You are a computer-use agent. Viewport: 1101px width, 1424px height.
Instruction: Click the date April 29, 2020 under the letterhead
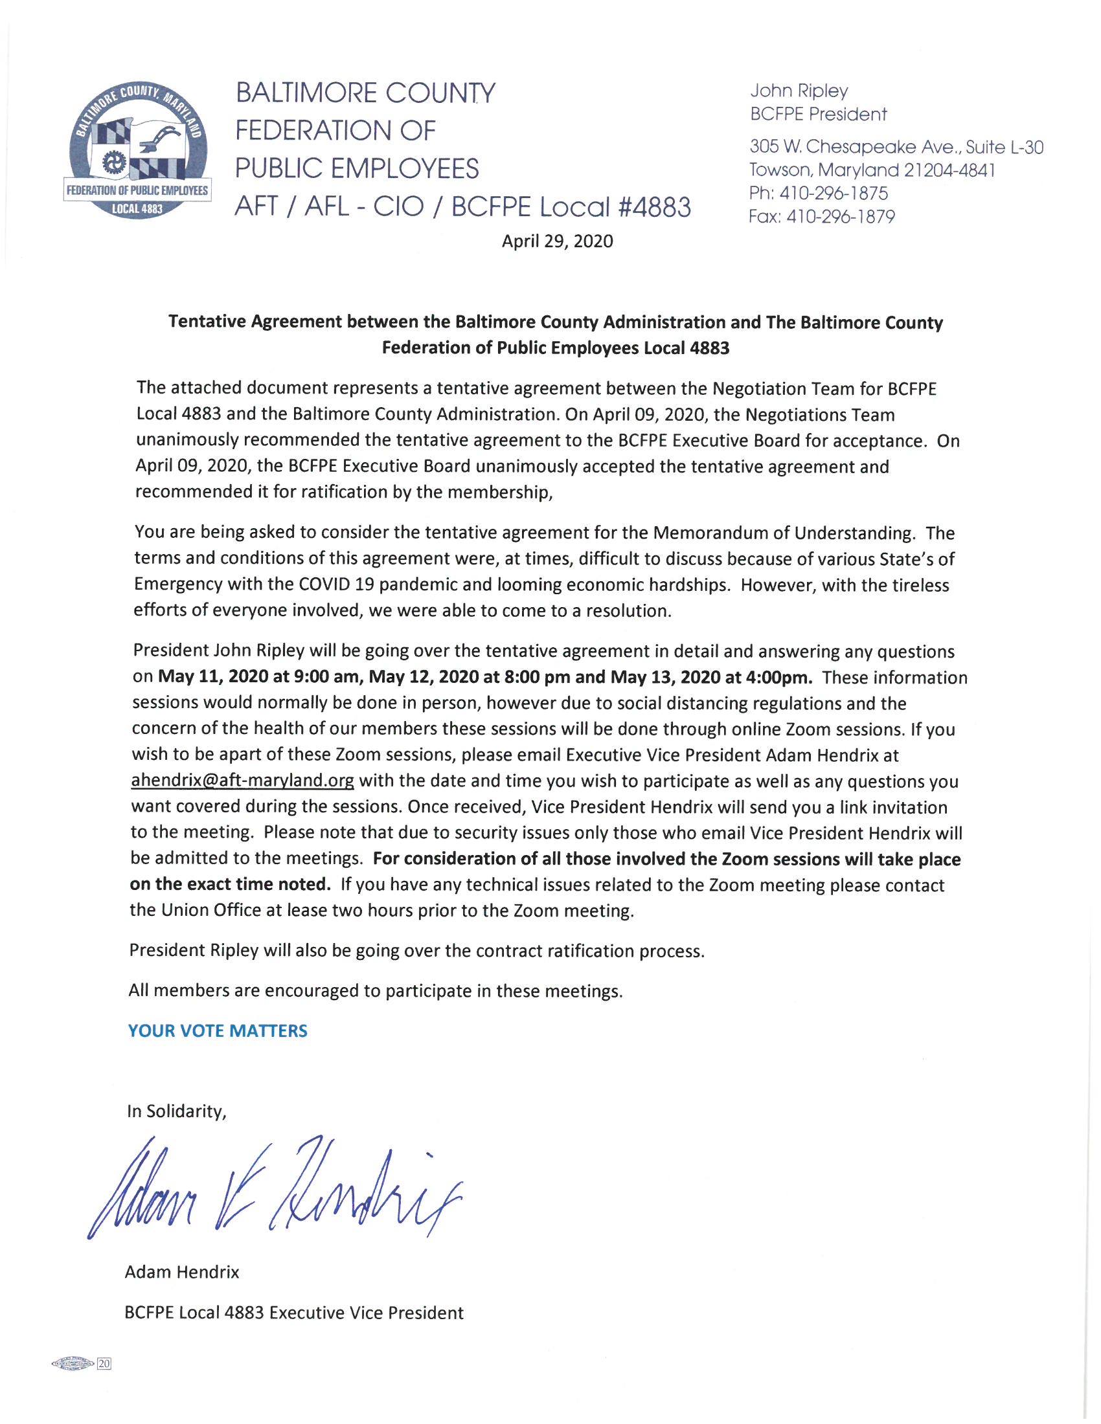557,242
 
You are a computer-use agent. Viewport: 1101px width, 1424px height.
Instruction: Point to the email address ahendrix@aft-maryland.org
243,781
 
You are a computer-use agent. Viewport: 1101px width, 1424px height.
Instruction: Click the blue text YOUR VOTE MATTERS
218,1031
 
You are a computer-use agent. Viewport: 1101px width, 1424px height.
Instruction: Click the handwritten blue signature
274,1189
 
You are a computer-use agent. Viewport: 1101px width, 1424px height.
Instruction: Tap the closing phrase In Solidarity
176,1111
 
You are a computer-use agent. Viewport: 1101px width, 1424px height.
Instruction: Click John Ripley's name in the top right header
799,91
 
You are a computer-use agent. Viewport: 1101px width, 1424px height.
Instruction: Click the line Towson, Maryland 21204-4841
872,171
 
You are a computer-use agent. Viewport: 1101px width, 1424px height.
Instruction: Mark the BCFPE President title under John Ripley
818,115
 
